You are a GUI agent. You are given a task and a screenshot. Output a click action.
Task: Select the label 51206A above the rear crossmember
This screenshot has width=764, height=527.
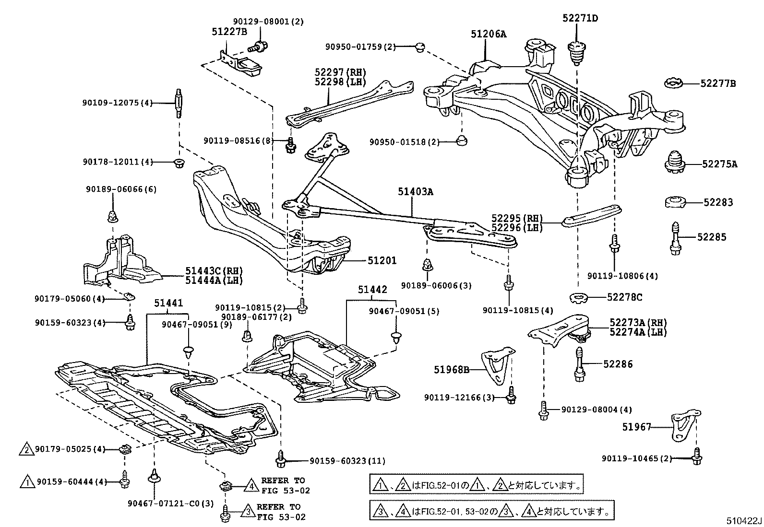(x=488, y=34)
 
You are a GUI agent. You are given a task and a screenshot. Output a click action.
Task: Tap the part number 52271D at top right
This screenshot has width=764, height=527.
(x=580, y=18)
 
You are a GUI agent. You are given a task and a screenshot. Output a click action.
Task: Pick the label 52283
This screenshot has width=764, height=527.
(x=718, y=202)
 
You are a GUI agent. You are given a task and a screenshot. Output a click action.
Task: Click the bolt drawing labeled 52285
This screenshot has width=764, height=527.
(x=676, y=238)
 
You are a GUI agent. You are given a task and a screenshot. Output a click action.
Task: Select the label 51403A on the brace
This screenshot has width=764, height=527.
(x=415, y=192)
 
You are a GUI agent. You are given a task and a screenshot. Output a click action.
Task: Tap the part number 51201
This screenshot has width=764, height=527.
(x=382, y=260)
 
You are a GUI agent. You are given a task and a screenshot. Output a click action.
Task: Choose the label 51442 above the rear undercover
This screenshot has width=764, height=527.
(x=372, y=290)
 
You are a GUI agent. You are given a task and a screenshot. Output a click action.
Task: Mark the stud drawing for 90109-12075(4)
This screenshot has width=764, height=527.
(x=179, y=103)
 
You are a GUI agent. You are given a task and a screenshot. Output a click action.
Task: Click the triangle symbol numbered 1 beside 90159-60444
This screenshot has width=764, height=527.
(x=27, y=481)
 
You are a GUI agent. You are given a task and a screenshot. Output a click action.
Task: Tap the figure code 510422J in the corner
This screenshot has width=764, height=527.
(x=743, y=520)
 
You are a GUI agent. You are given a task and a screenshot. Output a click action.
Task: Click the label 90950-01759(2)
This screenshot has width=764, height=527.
(x=360, y=47)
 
